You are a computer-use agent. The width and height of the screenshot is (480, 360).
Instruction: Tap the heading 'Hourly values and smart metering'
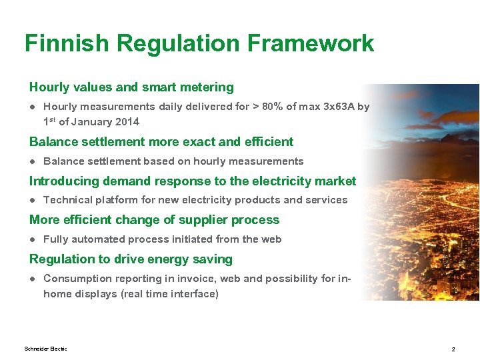[131, 87]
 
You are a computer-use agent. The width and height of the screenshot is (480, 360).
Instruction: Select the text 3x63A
[337, 107]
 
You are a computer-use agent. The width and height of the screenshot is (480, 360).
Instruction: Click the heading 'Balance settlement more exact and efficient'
[161, 141]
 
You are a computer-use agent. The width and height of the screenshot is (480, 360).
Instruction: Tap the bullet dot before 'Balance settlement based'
[32, 161]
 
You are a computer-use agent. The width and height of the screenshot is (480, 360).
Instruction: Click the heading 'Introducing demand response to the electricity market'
[193, 181]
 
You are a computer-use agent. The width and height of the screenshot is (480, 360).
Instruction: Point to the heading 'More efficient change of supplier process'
[154, 220]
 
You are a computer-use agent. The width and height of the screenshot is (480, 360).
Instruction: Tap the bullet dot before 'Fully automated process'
[32, 239]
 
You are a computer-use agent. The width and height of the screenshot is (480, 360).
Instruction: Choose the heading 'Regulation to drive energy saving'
[131, 259]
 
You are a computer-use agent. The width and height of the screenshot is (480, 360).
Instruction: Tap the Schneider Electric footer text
[45, 349]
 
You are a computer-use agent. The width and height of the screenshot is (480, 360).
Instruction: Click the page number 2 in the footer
[453, 349]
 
